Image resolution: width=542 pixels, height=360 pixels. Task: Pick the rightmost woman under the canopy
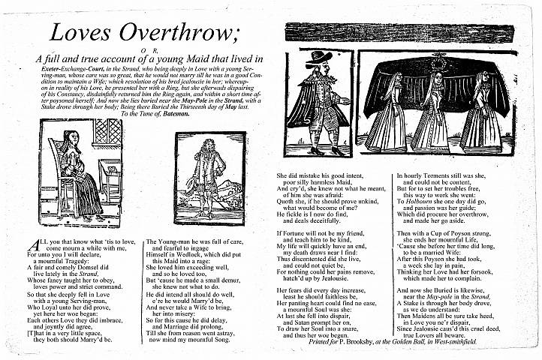(480, 111)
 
